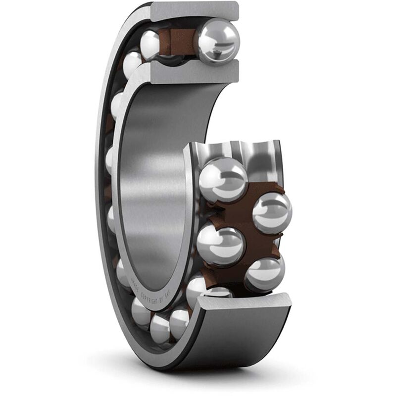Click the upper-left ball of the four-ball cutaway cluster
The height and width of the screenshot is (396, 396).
(x=223, y=179)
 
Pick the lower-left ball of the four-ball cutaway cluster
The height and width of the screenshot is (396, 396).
(x=221, y=245)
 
